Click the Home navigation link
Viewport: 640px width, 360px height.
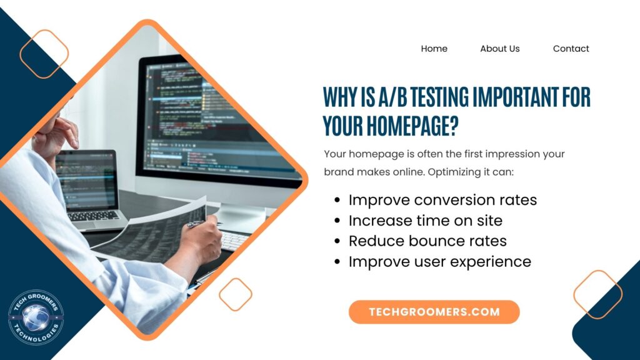434,49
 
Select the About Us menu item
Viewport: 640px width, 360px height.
499,49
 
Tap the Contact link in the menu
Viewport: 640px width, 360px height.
571,49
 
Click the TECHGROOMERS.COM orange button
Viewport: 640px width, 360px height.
434,312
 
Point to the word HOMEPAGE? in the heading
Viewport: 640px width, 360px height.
412,125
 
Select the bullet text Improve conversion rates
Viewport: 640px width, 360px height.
442,200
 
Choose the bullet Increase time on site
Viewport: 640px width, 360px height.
425,221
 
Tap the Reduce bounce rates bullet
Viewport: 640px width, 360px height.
427,241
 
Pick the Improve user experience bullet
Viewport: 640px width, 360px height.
439,262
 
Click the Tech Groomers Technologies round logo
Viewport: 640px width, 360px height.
36,317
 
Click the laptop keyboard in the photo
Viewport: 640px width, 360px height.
93,216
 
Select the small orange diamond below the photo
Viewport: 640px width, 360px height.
236,294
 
